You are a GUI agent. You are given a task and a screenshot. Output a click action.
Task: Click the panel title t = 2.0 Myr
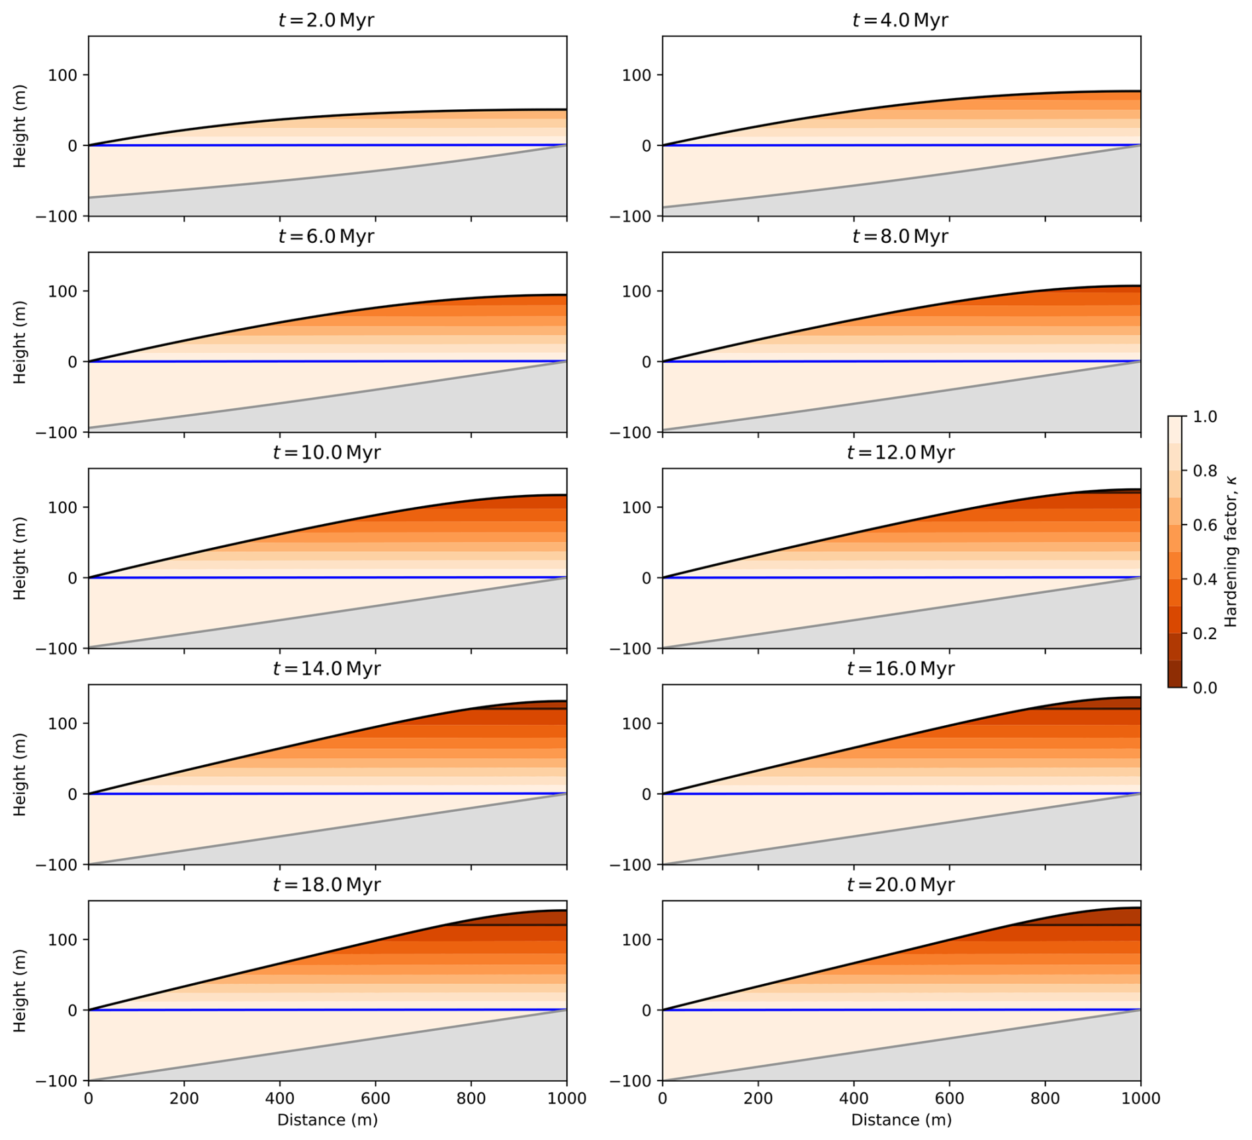click(x=326, y=20)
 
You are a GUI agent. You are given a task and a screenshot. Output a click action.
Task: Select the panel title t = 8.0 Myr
click(x=900, y=236)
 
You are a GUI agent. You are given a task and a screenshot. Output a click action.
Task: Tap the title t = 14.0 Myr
click(x=326, y=668)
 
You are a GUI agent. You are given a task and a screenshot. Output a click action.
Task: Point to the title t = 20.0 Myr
click(x=900, y=885)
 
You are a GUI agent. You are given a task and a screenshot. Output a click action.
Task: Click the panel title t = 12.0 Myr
click(x=900, y=453)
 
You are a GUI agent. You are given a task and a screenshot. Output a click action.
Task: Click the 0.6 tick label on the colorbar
click(x=1204, y=525)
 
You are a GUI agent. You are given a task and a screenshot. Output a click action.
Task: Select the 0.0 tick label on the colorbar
click(x=1204, y=688)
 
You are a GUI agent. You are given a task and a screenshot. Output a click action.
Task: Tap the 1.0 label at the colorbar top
click(x=1204, y=417)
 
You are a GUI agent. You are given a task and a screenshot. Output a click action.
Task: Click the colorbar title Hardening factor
click(x=1231, y=552)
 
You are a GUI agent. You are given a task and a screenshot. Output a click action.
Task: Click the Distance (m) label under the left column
click(x=327, y=1119)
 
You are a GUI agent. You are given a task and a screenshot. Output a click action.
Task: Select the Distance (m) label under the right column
click(x=901, y=1119)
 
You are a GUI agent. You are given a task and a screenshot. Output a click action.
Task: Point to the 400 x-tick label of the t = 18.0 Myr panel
click(x=279, y=1098)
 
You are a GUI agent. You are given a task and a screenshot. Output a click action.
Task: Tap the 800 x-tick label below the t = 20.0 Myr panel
click(x=1045, y=1098)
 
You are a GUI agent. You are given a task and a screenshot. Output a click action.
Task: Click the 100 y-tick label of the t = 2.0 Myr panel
click(x=62, y=75)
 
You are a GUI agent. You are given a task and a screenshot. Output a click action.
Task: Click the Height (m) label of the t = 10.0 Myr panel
click(x=20, y=558)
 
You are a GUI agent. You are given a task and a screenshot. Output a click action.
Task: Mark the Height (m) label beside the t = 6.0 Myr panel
click(x=20, y=342)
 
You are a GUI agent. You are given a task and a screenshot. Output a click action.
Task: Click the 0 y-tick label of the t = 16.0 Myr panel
click(x=647, y=794)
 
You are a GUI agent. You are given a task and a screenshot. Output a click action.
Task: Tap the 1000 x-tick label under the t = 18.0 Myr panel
click(x=566, y=1098)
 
